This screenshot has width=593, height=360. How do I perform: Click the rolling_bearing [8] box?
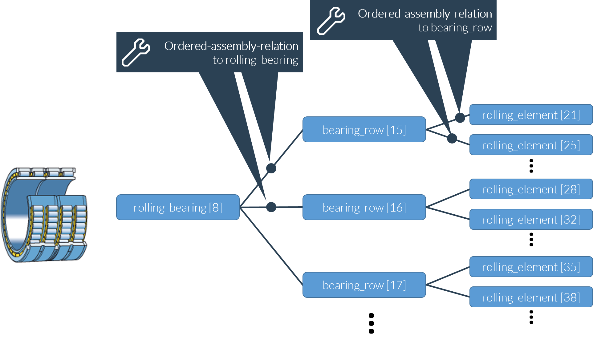point(178,207)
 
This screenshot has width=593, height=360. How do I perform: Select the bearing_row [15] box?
point(364,130)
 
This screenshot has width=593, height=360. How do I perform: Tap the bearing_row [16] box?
point(364,207)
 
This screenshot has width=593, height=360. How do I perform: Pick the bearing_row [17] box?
point(364,285)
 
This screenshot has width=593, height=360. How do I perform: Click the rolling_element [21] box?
point(531,115)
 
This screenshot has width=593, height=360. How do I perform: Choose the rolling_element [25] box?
point(531,145)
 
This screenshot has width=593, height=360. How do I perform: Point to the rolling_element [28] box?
point(531,189)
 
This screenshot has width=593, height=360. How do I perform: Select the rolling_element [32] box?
point(531,220)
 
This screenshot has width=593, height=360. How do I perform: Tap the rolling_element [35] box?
point(531,267)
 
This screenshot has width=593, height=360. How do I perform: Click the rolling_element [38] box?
point(531,297)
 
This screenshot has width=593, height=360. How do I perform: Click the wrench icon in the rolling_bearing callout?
point(136,52)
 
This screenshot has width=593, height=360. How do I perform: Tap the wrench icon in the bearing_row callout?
point(331,21)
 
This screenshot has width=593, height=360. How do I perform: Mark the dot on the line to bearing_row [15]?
point(271,168)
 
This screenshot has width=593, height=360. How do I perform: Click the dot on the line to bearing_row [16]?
point(271,207)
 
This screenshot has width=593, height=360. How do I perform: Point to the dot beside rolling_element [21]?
point(460,118)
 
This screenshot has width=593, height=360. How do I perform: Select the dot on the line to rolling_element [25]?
point(452,138)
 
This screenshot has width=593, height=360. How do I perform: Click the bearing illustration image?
point(44,215)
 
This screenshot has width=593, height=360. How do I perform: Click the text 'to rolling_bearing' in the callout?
point(255,60)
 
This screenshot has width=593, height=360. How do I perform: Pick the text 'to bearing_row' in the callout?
point(455,28)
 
